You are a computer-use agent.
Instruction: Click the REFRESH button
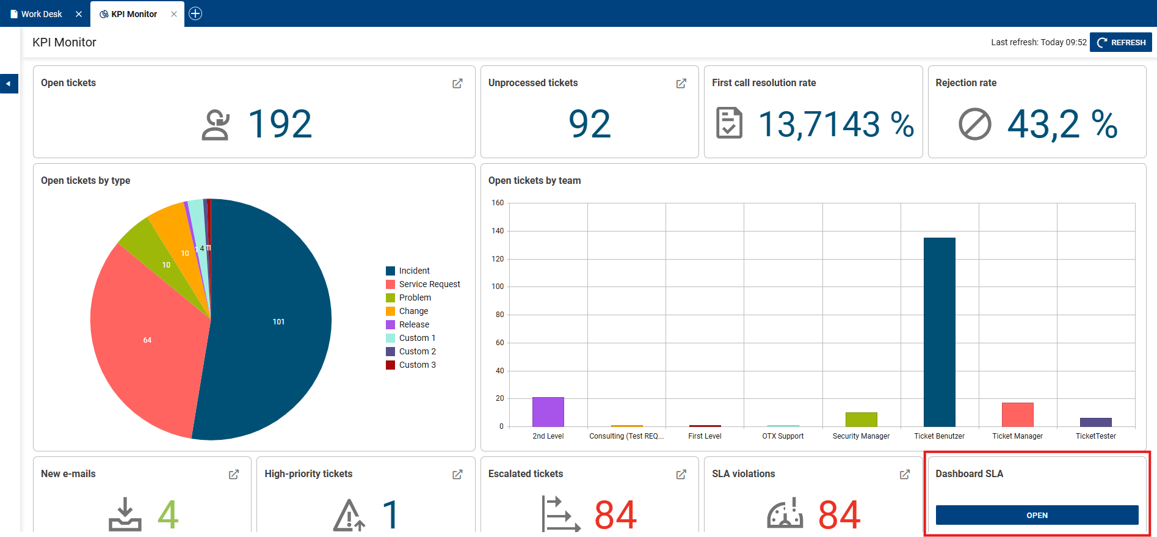point(1121,42)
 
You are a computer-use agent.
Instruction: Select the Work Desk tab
point(41,14)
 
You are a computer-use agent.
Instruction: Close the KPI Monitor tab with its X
point(174,14)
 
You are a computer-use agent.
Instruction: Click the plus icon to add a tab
point(195,13)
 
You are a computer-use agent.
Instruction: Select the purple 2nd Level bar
point(548,412)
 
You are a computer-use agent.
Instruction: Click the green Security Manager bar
point(861,419)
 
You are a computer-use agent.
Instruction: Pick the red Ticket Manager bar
point(1017,414)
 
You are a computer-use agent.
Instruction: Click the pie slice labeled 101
point(278,321)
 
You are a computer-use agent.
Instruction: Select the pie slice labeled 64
point(147,340)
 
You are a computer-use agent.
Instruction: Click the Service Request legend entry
point(429,284)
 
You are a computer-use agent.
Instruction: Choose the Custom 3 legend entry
point(417,365)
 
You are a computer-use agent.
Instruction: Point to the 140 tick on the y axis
point(498,231)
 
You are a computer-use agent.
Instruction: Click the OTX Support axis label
point(783,436)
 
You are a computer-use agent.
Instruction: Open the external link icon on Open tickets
point(457,83)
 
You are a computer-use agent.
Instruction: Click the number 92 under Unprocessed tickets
point(589,124)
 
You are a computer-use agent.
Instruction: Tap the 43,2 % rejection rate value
point(1062,125)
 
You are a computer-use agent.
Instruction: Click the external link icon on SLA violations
point(905,474)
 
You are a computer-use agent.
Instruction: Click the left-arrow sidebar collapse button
point(9,84)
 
